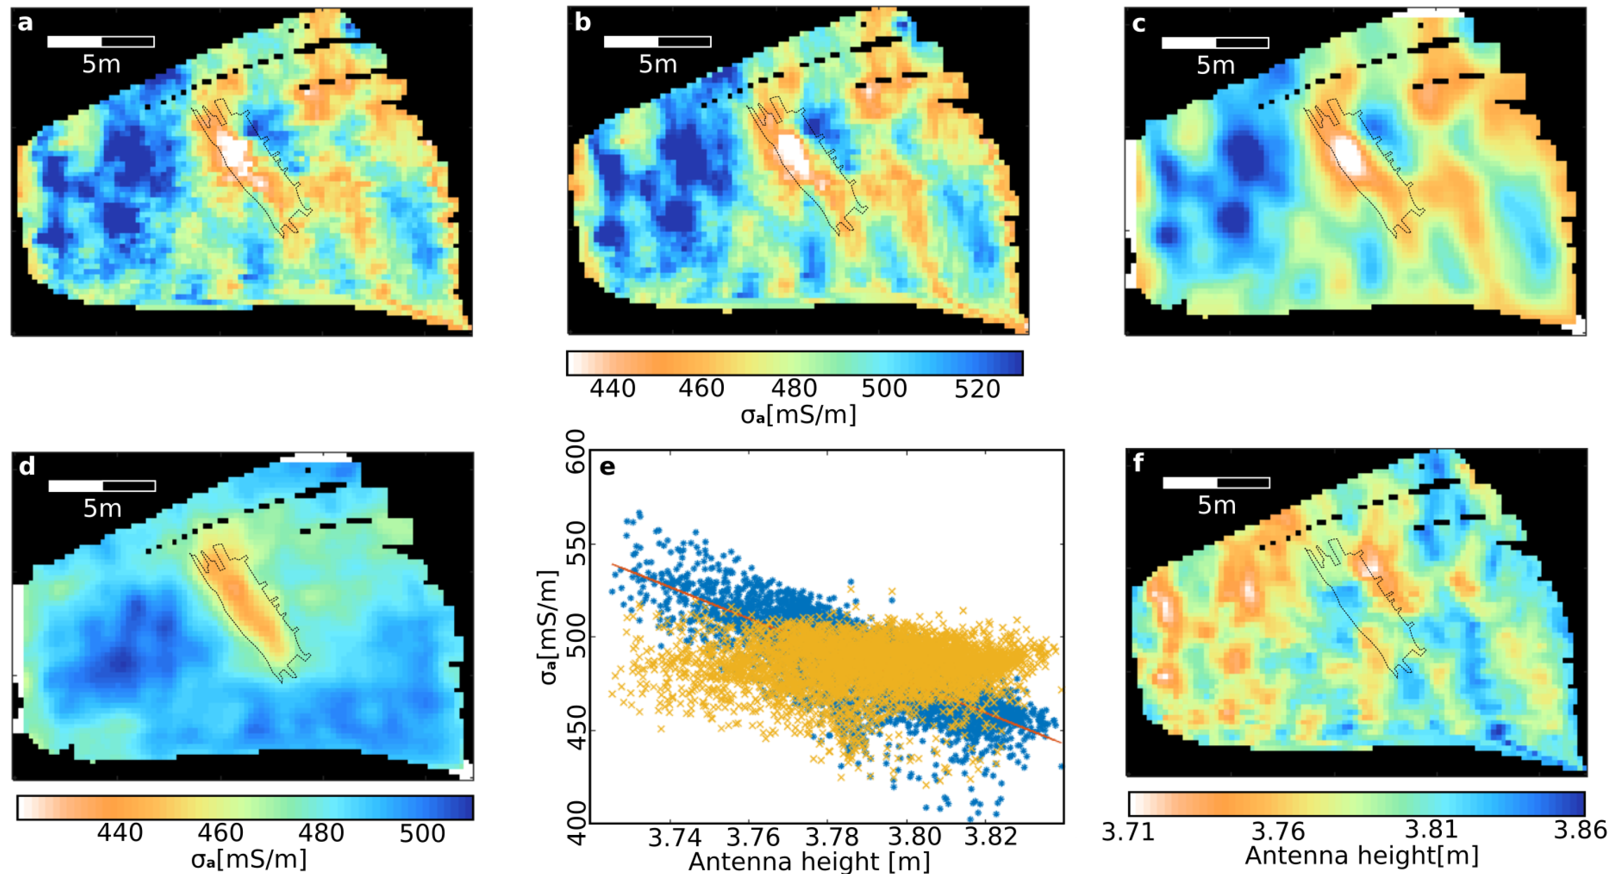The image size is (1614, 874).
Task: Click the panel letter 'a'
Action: pyautogui.click(x=24, y=24)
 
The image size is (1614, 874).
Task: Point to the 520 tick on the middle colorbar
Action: pyautogui.click(x=977, y=389)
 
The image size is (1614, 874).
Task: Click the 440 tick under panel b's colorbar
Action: pyautogui.click(x=612, y=389)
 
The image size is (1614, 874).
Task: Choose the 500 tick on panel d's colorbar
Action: pyautogui.click(x=423, y=833)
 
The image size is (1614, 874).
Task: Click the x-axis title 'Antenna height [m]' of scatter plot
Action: pyautogui.click(x=809, y=862)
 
